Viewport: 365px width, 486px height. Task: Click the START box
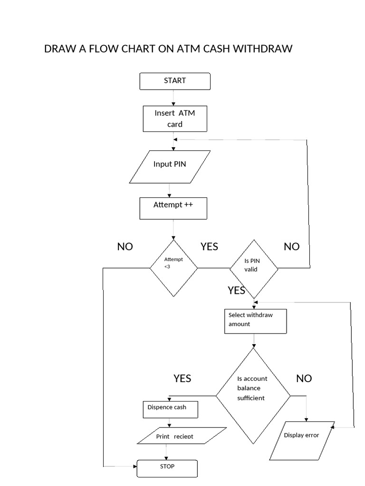pos(175,81)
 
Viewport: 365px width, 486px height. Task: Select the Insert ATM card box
pos(175,119)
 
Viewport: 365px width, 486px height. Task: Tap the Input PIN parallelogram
pos(170,167)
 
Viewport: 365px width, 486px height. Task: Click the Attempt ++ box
pos(173,208)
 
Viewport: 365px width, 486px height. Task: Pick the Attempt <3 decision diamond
pos(173,268)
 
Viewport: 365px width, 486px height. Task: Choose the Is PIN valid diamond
pos(254,268)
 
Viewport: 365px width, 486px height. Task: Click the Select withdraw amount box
pos(255,321)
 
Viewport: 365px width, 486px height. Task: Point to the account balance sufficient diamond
pos(253,394)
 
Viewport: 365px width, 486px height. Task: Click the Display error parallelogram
pos(302,440)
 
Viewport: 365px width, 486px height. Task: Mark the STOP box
pos(167,468)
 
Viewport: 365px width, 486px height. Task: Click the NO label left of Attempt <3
pos(125,247)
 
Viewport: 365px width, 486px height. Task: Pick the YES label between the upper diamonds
pos(209,246)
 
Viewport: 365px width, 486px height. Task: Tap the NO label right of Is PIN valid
pos(292,247)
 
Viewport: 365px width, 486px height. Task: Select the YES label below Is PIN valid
pos(236,290)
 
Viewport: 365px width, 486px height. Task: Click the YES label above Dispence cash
pos(182,378)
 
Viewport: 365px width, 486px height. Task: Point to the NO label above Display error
pos(304,378)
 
